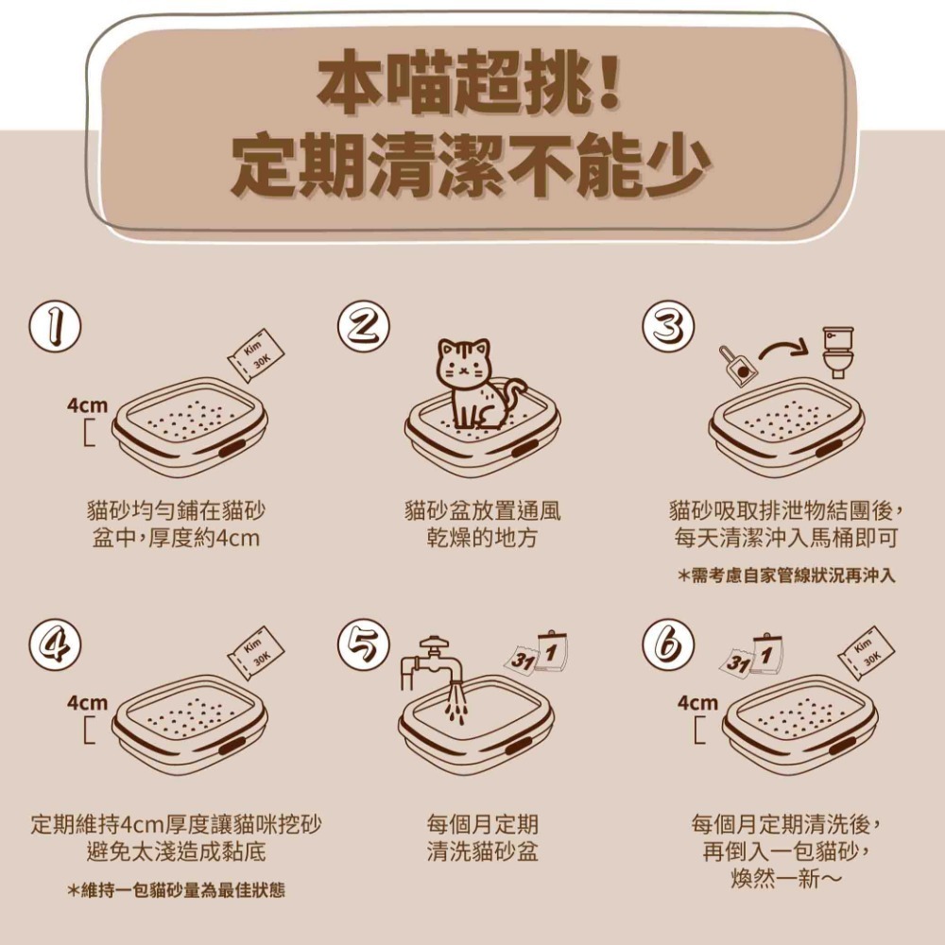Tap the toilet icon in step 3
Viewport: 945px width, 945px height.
[837, 352]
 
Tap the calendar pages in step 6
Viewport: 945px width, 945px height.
[755, 655]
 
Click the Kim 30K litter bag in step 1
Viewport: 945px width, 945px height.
[255, 354]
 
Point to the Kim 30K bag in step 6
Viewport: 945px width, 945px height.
[866, 651]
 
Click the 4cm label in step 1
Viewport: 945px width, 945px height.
[87, 405]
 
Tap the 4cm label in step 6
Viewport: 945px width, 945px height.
[697, 704]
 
